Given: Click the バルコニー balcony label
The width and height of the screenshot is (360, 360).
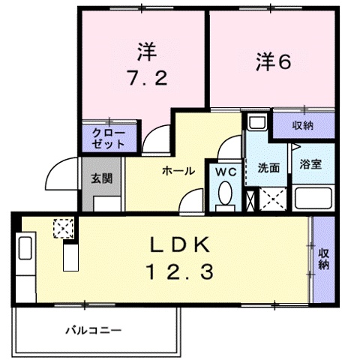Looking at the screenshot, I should tap(92, 329).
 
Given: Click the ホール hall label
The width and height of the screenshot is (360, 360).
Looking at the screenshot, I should tap(178, 171).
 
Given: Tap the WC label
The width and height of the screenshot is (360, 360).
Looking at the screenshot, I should tap(227, 172).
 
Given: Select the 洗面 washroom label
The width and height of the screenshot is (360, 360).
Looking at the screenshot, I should tap(268, 166).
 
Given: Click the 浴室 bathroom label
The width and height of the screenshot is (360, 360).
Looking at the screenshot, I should tap(310, 164).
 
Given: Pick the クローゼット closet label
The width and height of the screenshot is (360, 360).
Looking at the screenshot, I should tap(109, 137).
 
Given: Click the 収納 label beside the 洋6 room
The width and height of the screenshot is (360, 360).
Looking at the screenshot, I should tap(302, 124).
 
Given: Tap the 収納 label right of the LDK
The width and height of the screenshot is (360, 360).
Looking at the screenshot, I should tap(324, 259).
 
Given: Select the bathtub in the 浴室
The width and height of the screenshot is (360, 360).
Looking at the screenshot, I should tap(313, 198).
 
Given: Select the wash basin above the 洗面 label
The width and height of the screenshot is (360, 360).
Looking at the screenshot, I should tap(256, 124).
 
